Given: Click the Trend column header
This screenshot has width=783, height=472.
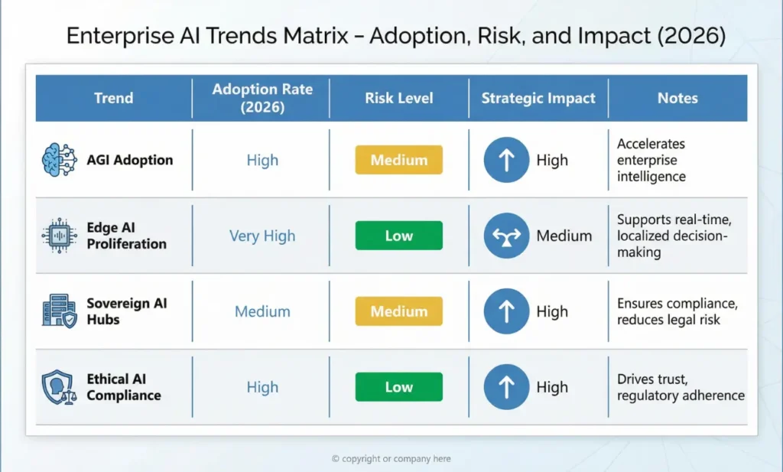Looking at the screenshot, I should click(113, 98).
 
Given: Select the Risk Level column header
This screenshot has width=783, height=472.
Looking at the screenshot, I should click(398, 98).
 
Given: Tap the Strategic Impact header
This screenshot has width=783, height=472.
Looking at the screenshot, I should click(538, 98).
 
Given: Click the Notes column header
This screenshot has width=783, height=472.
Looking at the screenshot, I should click(677, 98).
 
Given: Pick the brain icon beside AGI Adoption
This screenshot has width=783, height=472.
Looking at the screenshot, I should click(60, 161).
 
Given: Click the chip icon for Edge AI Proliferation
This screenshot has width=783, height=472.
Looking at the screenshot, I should click(60, 236).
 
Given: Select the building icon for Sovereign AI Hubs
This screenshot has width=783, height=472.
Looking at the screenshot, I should click(60, 311).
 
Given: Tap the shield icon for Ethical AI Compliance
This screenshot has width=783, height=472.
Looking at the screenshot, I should click(58, 387).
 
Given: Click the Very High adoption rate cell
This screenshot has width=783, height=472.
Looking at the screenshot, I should click(262, 236).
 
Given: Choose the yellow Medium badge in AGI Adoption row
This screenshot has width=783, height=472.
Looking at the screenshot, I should click(398, 161).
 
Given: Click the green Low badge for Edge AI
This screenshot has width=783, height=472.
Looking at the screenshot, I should click(398, 236).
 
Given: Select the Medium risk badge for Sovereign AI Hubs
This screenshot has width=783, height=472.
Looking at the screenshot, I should click(398, 311).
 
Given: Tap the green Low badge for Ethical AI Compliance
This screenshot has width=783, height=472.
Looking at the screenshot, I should click(398, 387).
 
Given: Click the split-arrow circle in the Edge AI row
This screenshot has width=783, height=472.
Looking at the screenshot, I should click(506, 236).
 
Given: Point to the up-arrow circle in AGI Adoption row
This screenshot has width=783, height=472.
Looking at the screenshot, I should click(506, 161).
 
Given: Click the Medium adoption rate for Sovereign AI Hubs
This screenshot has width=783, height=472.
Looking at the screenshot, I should click(262, 311).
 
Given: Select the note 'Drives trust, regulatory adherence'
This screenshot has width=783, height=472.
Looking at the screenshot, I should click(681, 387).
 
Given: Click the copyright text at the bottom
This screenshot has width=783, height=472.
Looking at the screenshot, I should click(391, 459).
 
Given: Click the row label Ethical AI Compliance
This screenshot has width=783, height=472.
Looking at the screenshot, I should click(124, 387).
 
